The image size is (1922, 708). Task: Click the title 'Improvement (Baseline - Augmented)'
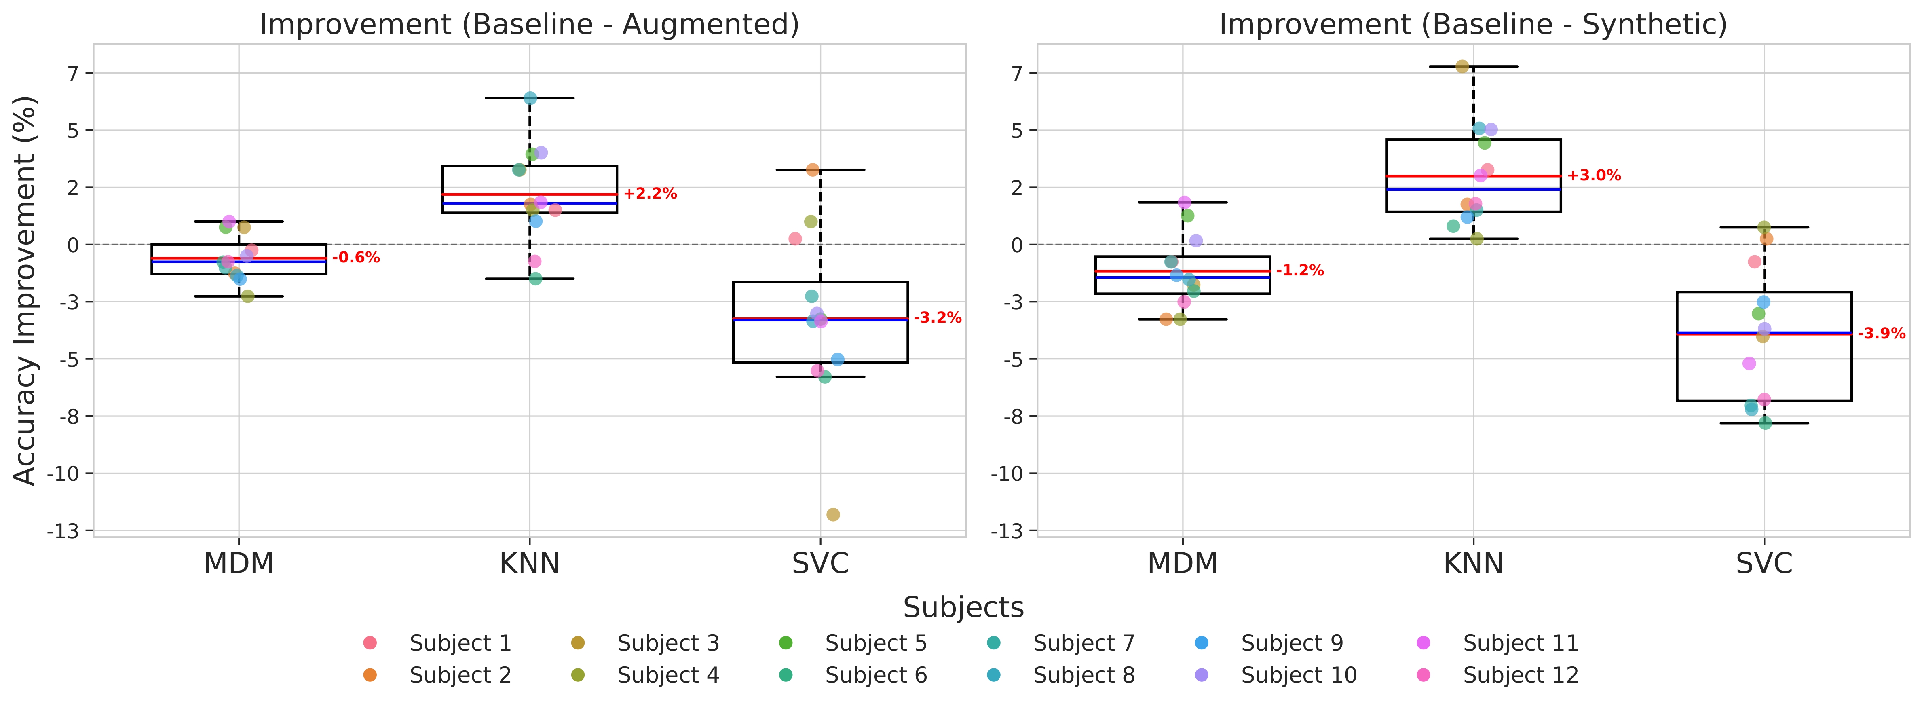point(529,25)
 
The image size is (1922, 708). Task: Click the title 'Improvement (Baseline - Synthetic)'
point(1473,25)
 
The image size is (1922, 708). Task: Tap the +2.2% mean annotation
point(650,194)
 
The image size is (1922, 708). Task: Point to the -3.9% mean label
point(1881,334)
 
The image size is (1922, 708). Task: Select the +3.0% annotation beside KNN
point(1594,176)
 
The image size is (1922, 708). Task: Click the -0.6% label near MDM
point(356,258)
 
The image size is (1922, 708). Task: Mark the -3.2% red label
point(937,318)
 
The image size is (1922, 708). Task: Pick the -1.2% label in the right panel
point(1300,271)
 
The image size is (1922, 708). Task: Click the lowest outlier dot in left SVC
point(833,515)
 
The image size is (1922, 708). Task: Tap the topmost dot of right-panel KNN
point(1462,66)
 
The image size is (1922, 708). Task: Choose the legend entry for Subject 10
point(1298,675)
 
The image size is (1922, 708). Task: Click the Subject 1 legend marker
point(370,643)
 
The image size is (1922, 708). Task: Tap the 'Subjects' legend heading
point(963,607)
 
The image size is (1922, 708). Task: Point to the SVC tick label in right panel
point(1764,563)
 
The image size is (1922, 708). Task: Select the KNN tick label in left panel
point(529,563)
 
